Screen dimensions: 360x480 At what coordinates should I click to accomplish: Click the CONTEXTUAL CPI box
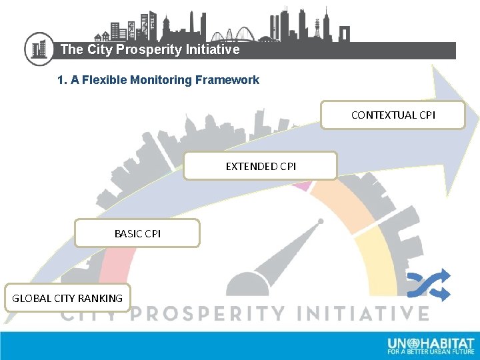[393, 115]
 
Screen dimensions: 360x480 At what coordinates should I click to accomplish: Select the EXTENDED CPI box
[261, 166]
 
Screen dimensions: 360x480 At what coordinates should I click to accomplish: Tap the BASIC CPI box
[137, 233]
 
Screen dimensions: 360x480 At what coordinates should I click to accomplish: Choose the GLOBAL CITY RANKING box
[67, 298]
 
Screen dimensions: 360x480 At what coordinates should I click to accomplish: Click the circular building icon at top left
[39, 49]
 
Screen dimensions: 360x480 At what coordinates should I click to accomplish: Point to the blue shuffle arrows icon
[429, 285]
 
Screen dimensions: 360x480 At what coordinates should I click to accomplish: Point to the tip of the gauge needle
[321, 221]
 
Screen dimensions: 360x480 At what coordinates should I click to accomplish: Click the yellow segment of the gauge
[377, 257]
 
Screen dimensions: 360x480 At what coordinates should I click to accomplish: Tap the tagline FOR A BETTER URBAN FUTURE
[431, 351]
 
